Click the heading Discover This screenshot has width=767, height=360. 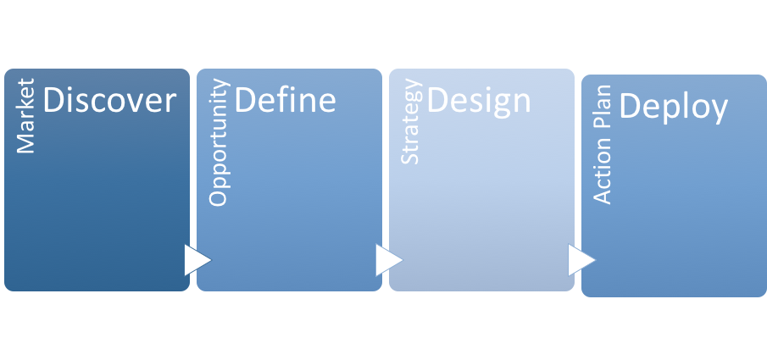point(109,101)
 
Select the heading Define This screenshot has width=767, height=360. point(285,101)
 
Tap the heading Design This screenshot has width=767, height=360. point(479,102)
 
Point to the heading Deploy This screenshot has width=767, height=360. point(674,108)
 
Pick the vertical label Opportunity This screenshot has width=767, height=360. point(218,142)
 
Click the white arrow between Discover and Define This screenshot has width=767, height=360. point(195,260)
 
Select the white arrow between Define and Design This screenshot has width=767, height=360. point(387,260)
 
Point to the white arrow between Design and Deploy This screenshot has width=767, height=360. point(580,260)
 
